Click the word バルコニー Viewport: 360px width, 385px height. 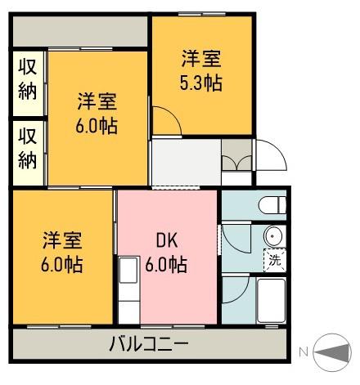(149, 344)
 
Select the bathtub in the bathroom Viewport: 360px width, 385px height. (271, 302)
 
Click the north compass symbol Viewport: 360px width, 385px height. (332, 352)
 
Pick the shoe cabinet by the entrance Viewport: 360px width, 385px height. (238, 157)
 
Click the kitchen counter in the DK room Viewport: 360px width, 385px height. (128, 290)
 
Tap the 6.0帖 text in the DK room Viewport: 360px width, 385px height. (167, 265)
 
